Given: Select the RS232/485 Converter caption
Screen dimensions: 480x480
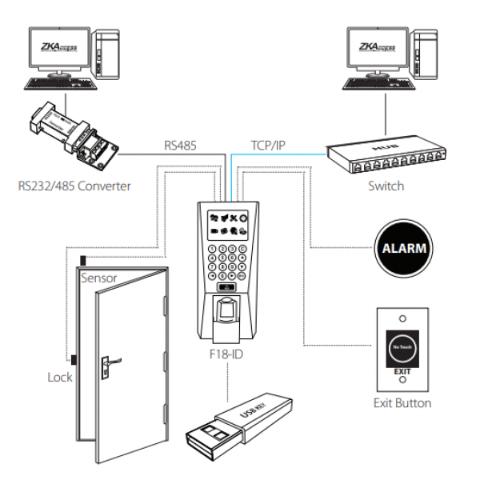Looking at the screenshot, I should [74, 187].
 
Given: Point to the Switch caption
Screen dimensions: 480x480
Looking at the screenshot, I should [387, 186].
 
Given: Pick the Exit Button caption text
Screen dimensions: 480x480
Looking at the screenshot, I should [402, 402].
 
